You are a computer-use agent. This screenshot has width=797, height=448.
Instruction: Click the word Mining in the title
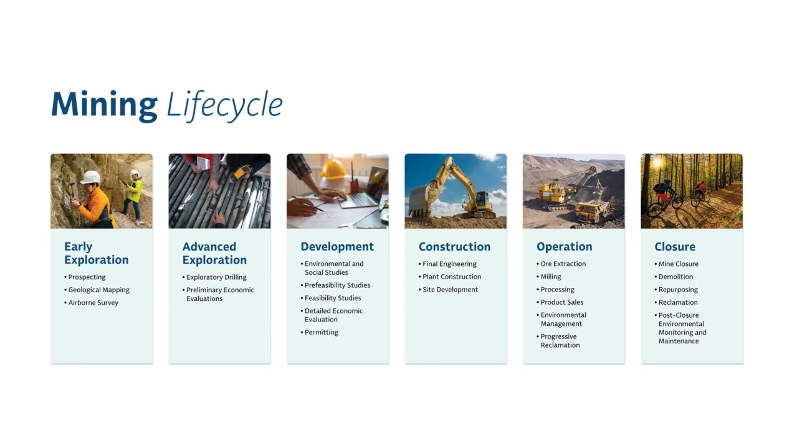click(104, 105)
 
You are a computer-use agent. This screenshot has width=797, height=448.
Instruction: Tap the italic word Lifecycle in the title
click(224, 105)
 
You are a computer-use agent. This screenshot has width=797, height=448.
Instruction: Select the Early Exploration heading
click(96, 253)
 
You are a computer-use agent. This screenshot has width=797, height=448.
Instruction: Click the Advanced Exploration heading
click(214, 253)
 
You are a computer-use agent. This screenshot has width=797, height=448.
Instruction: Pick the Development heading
click(337, 247)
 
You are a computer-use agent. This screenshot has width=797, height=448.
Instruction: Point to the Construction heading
click(454, 247)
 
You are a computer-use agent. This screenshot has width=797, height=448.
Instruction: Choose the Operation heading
click(564, 247)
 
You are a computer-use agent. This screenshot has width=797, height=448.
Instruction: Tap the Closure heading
click(675, 247)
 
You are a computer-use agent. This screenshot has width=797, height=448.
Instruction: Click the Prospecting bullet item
click(87, 277)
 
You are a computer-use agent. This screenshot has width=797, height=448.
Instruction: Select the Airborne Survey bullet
click(93, 303)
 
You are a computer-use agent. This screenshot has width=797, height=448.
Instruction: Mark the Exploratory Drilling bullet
click(216, 277)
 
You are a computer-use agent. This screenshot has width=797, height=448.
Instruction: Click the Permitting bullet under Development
click(322, 333)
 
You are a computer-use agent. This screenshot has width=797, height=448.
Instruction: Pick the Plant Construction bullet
click(452, 277)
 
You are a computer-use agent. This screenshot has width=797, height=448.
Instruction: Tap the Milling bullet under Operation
click(551, 277)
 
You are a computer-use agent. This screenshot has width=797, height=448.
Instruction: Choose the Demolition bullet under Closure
click(675, 277)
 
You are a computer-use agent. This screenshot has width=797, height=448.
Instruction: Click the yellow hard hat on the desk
click(334, 169)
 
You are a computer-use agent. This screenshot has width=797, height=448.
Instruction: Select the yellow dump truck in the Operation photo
click(591, 212)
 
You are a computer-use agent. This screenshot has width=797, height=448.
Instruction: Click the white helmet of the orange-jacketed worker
click(90, 177)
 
